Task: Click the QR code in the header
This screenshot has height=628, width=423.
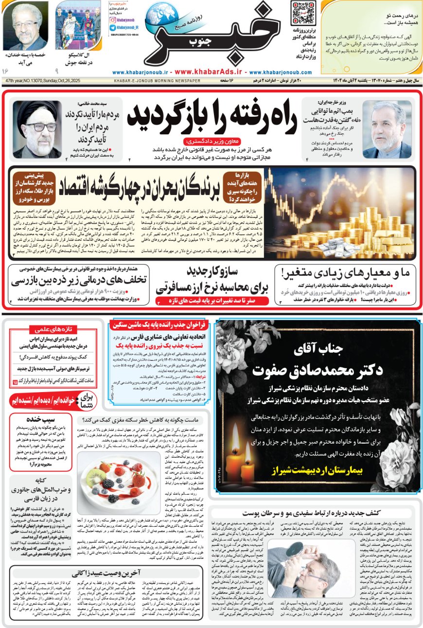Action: (x=302, y=13)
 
